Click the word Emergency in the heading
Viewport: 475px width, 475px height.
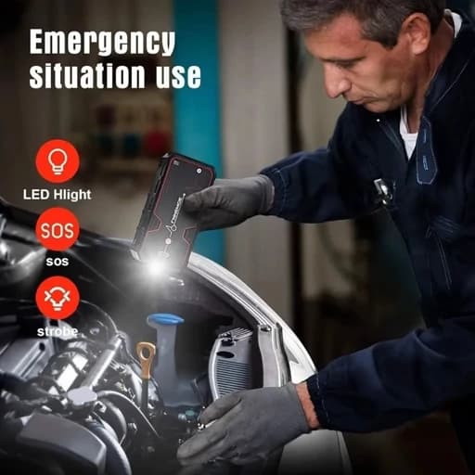(102, 44)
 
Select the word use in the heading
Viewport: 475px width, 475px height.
(178, 77)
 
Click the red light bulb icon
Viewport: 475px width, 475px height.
(58, 161)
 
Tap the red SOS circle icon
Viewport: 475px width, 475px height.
(58, 229)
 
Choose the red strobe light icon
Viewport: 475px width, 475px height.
(58, 298)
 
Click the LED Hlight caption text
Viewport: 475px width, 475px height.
(58, 195)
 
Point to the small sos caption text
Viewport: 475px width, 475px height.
(58, 262)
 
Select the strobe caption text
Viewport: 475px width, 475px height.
(58, 332)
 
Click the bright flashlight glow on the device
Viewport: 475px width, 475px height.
(156, 266)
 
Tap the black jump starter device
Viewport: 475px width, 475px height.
(172, 211)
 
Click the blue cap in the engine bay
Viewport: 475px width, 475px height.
(166, 320)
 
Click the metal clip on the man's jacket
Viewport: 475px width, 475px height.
(383, 190)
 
